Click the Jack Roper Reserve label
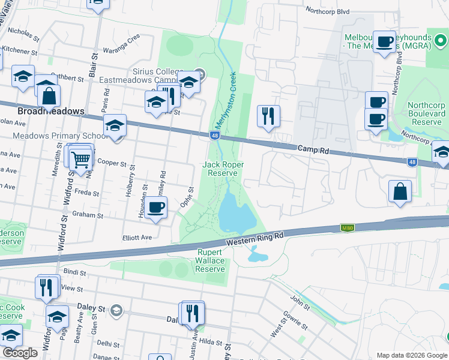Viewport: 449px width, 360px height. (221, 169)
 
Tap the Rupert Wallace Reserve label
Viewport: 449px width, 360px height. (211, 261)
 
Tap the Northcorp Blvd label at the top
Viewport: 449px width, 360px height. (327, 10)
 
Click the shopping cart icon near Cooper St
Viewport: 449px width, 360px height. (80, 160)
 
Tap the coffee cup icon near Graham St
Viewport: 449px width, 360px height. (156, 208)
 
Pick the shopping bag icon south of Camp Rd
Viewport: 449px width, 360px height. (400, 193)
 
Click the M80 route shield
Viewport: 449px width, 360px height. (346, 227)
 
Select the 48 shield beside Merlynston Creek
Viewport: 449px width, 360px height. (214, 136)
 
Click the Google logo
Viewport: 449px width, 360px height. (20, 353)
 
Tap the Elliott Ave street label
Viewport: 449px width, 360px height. (137, 238)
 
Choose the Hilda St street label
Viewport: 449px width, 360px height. (211, 341)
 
